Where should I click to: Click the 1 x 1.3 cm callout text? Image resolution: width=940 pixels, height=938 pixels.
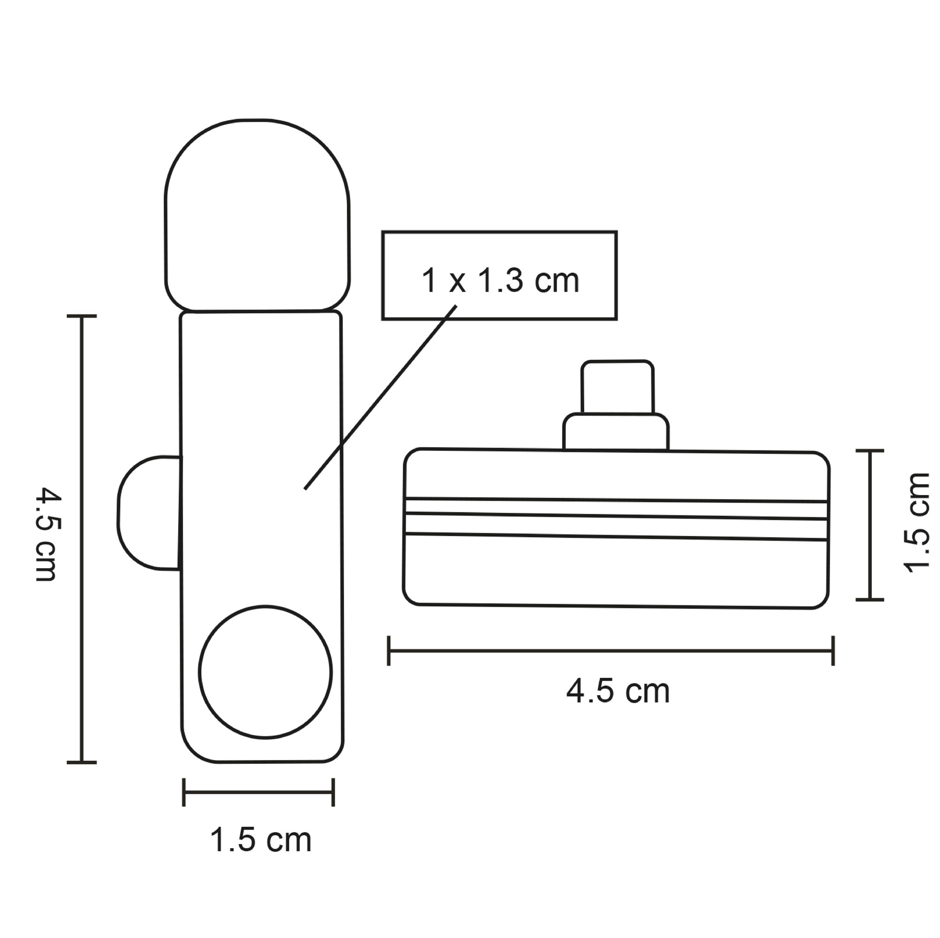tap(500, 280)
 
